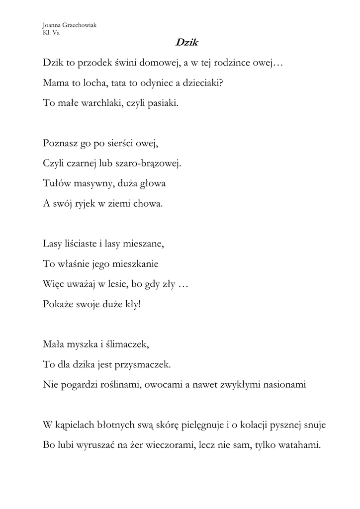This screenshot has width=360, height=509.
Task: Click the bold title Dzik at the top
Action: [x=186, y=43]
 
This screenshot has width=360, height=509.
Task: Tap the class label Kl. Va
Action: [x=51, y=33]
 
